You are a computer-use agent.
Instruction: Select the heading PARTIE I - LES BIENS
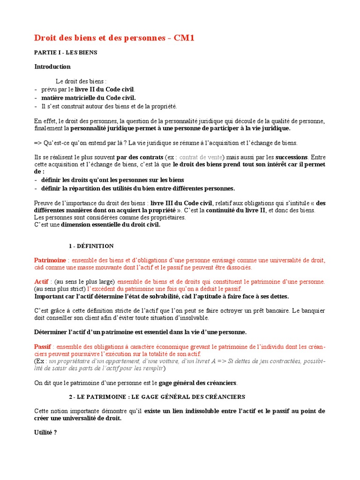tap(66, 53)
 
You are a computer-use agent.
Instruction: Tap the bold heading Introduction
tap(52, 67)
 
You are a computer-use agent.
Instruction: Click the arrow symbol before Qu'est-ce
tap(38, 143)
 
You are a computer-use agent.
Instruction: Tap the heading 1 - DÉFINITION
tap(91, 246)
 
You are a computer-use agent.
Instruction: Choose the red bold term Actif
tap(42, 282)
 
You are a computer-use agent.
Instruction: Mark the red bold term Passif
tap(43, 346)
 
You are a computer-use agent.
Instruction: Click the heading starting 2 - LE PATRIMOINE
tap(157, 397)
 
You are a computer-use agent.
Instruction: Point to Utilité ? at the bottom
tap(45, 433)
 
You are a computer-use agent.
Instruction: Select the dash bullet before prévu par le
tap(36, 89)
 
